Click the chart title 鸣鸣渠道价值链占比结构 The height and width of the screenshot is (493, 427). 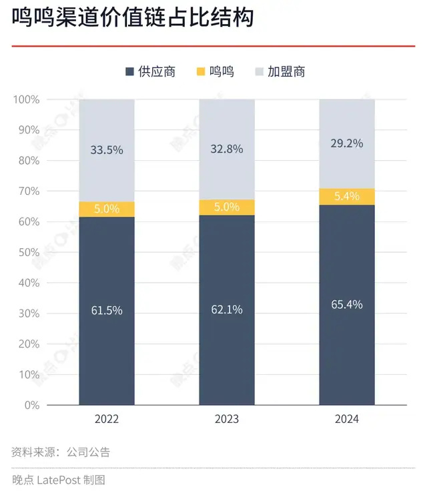133,19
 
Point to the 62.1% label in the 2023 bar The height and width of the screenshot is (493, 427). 227,310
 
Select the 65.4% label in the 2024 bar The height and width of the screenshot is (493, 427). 347,304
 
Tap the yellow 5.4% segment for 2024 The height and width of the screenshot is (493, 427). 347,196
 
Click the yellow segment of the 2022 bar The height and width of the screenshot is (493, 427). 107,209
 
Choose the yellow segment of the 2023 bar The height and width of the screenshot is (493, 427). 227,207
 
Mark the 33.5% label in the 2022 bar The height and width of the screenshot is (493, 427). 107,150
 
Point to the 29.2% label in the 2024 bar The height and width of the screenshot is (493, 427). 347,143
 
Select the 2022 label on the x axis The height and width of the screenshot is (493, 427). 107,419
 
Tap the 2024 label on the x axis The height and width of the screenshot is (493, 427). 347,419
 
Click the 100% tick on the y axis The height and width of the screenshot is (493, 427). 27,99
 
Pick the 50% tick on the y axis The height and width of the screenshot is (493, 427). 29,252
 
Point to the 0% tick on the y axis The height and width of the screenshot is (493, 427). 31,405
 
